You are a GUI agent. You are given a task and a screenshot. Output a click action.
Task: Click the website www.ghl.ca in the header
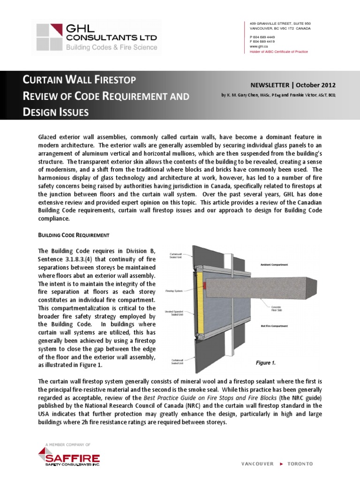pos(259,47)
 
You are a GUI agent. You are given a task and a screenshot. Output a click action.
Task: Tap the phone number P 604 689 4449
pos(262,37)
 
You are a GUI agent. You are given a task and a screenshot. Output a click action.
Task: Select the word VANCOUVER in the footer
pos(257,464)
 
